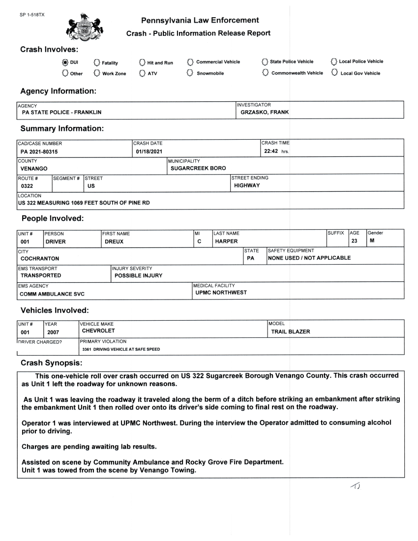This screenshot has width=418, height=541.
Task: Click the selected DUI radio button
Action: tap(65, 62)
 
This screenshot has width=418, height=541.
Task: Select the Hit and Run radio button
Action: tap(142, 62)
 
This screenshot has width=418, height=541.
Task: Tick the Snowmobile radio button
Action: tap(190, 73)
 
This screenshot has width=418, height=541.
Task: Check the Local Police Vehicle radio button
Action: tap(334, 61)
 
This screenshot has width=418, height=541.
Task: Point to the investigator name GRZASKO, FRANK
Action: tap(264, 112)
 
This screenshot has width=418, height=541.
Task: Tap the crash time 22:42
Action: tap(271, 151)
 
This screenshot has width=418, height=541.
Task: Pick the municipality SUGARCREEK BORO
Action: tap(198, 168)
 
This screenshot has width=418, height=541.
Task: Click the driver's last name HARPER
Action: tap(226, 241)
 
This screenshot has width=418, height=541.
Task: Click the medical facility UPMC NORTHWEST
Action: tap(221, 293)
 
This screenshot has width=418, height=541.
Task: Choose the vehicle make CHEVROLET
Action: tap(98, 331)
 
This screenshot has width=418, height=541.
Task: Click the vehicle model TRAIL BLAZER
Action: tap(291, 331)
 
